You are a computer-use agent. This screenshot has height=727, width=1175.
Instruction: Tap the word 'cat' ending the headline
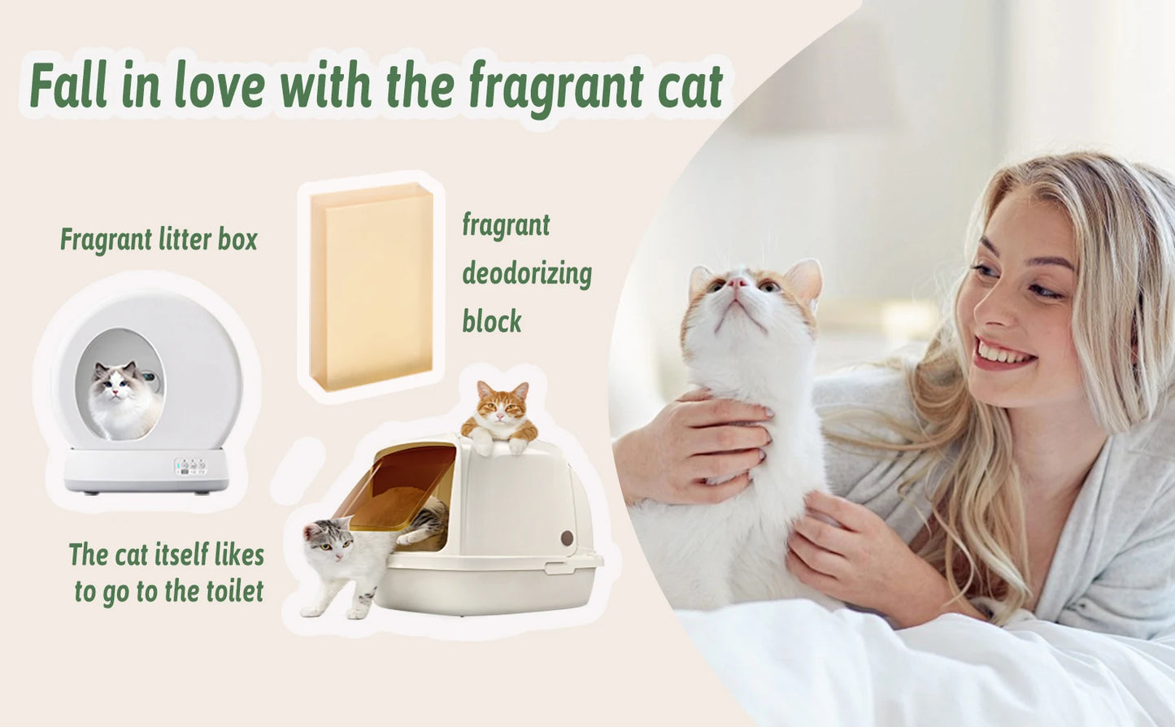[690, 86]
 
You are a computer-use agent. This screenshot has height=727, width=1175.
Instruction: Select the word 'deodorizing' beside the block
[527, 274]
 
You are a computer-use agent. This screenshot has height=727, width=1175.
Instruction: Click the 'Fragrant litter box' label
[159, 240]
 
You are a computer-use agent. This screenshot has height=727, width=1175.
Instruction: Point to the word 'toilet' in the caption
[235, 591]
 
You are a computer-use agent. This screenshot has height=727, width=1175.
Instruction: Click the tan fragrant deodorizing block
[372, 286]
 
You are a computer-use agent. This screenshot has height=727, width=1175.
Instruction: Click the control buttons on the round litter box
[190, 466]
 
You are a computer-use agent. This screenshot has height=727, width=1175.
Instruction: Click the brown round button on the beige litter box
[567, 538]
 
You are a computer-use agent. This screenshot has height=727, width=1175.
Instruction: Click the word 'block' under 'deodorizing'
[492, 322]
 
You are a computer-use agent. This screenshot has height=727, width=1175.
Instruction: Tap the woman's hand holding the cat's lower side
[846, 553]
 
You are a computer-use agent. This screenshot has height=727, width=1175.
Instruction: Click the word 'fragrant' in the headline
[555, 86]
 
